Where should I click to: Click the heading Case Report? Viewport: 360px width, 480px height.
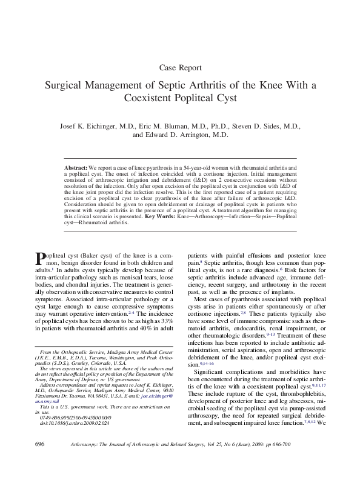(x=180, y=67)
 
